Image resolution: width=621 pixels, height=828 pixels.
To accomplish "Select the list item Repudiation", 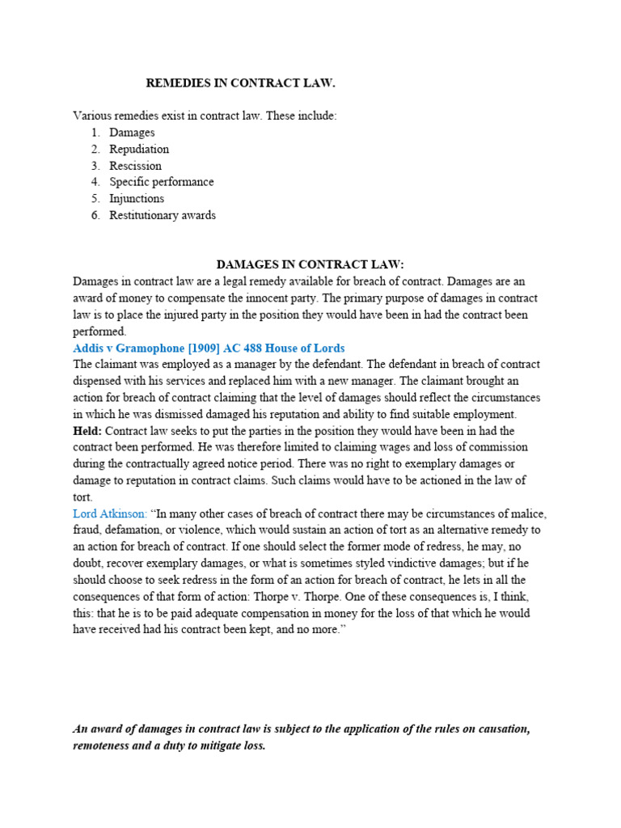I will click(139, 149).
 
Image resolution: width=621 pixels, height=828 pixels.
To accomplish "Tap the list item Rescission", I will click(135, 166).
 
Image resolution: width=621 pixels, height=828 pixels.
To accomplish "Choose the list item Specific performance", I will click(162, 182).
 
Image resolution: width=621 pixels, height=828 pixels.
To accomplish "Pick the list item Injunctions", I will click(137, 198).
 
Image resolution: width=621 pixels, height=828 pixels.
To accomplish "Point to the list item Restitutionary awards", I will click(163, 215).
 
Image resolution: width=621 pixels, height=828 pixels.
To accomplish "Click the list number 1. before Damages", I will click(95, 133).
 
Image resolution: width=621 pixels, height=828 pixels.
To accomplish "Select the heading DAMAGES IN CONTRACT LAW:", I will click(310, 265).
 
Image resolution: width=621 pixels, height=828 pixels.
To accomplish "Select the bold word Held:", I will click(87, 431).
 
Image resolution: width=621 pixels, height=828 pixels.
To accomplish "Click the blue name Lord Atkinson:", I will click(110, 513).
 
